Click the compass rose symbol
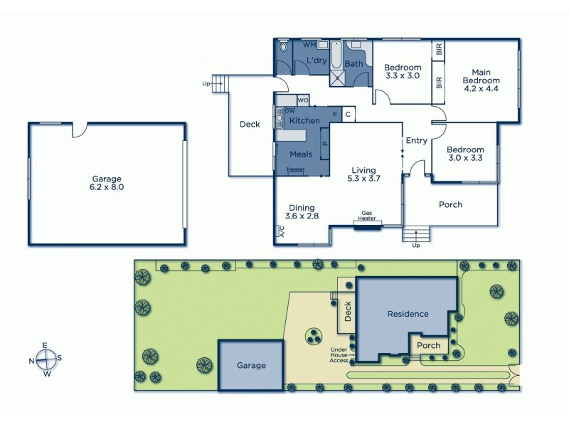click(45, 358)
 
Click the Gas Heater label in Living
click(368, 216)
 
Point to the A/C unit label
click(281, 232)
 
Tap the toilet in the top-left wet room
click(284, 48)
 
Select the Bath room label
click(353, 64)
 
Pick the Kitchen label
click(304, 121)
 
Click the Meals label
click(301, 154)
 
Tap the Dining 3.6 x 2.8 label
click(302, 211)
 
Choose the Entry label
click(416, 141)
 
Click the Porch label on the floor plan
click(450, 205)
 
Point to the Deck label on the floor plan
click(250, 125)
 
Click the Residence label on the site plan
click(408, 313)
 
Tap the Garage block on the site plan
click(251, 366)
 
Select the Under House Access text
click(339, 354)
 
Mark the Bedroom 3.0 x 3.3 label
click(465, 154)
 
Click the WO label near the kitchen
click(302, 100)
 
